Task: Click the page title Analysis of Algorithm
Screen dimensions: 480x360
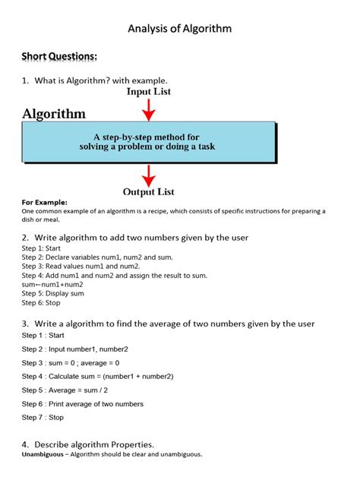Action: click(179, 29)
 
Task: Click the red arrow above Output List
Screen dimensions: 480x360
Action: click(149, 174)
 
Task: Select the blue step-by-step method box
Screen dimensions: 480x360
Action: click(147, 141)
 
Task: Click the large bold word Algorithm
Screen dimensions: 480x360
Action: click(54, 114)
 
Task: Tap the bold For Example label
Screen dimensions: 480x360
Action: click(44, 203)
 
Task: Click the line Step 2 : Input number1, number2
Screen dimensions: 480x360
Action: click(74, 349)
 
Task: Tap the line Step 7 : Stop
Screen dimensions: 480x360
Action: click(43, 417)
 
